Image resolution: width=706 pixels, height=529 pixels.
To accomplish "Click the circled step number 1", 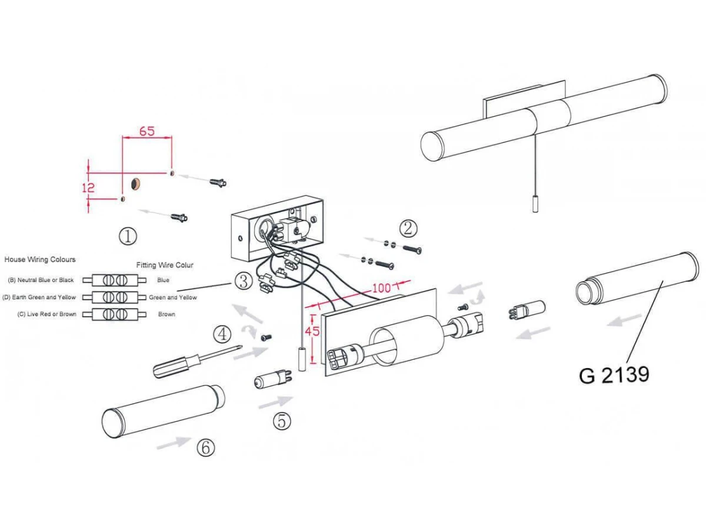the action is point(128,236).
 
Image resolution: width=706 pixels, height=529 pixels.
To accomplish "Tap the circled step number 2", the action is point(408,229).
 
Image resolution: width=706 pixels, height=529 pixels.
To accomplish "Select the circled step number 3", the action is point(244,282).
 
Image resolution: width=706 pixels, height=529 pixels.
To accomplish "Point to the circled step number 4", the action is point(222,334).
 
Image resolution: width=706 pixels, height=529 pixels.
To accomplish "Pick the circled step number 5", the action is point(282,421).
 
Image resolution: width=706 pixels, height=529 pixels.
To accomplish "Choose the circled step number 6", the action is point(206,447).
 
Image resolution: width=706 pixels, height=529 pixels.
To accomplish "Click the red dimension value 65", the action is point(147,131).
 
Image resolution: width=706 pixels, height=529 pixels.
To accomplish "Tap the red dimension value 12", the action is point(88,188).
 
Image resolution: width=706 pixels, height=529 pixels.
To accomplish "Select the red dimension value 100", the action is point(381,288).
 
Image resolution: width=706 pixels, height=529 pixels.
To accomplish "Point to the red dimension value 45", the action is point(312,331).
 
